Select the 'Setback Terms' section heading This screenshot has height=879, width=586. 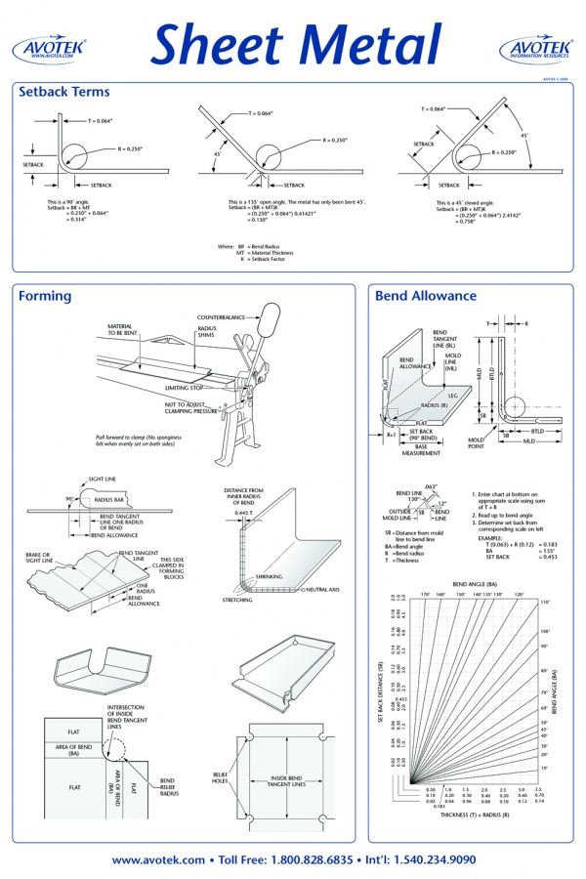pos(64,92)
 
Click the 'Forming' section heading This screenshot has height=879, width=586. pos(45,296)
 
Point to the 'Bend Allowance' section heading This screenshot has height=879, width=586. pos(426,296)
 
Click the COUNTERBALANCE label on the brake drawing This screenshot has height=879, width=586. pos(221,317)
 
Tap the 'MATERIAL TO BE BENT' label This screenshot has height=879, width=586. pos(122,329)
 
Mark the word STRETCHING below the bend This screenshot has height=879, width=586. pos(237,599)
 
